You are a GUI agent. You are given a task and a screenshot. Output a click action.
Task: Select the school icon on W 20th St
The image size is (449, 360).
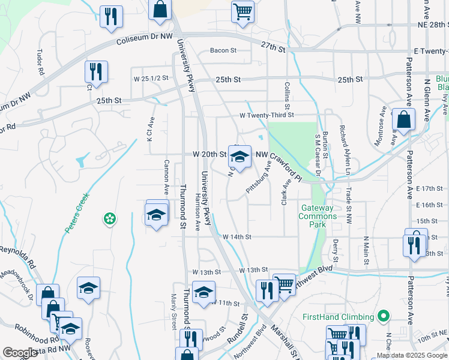[240, 157]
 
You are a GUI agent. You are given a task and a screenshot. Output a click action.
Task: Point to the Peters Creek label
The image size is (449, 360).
[76, 213]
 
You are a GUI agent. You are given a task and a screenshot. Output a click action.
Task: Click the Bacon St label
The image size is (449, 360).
[223, 50]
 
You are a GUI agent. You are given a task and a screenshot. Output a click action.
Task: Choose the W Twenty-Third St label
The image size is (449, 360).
[267, 115]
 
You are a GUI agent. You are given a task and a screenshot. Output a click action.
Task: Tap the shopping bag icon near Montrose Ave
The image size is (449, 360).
[403, 120]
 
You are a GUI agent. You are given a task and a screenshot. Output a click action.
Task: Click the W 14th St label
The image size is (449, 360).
[237, 237]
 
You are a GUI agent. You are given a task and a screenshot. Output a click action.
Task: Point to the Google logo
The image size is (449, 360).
[20, 353]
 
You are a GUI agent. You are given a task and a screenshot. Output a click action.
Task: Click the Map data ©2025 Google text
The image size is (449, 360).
[411, 355]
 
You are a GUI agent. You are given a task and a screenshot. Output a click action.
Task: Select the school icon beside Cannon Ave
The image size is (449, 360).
[155, 215]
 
